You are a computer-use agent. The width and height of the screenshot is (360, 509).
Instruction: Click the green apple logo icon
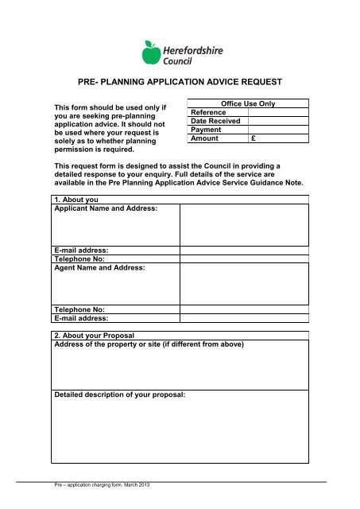pos(150,53)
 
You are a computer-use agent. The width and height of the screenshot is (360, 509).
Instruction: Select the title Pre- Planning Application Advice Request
pos(180,81)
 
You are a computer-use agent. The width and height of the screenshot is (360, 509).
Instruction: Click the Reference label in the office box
pos(209,113)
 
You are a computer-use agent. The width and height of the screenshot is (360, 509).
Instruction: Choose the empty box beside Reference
pos(278,113)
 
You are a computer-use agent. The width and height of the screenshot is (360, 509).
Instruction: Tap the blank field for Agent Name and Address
pos(244,284)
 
